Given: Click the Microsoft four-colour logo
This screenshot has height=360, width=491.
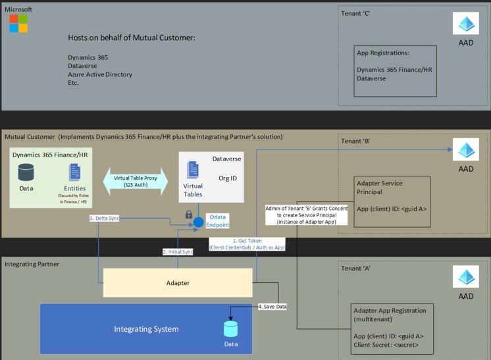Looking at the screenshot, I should [18, 24].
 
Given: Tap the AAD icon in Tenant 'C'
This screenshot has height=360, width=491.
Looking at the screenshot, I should [466, 24].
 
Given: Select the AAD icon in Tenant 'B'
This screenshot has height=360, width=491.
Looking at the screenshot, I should [466, 150].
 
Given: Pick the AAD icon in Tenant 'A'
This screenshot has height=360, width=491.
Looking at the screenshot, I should [466, 277].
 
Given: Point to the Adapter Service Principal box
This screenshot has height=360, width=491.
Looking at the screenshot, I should [394, 202].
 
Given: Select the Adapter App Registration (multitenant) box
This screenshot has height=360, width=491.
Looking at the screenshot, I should [394, 328].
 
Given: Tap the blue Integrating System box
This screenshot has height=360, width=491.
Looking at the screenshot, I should [146, 328].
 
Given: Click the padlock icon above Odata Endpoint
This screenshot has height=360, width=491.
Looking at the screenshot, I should [189, 215].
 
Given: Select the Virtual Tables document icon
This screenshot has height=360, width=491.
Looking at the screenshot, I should [193, 170].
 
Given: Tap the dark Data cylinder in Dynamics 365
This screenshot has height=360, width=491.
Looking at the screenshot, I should [26, 172].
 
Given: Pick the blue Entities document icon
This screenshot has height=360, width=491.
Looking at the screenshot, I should [75, 172].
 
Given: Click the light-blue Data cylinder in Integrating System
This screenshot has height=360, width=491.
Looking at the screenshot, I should [230, 328].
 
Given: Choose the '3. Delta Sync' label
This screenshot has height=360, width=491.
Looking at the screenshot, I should [104, 218].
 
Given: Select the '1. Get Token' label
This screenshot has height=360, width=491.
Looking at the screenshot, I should [237, 244].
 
